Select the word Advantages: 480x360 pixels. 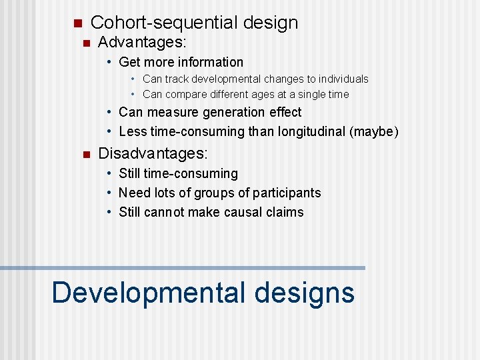click(x=142, y=43)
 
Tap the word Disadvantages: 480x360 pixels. click(x=153, y=154)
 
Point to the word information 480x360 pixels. click(x=210, y=62)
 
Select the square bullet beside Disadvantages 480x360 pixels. click(x=85, y=155)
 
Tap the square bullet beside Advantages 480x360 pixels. click(x=85, y=43)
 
